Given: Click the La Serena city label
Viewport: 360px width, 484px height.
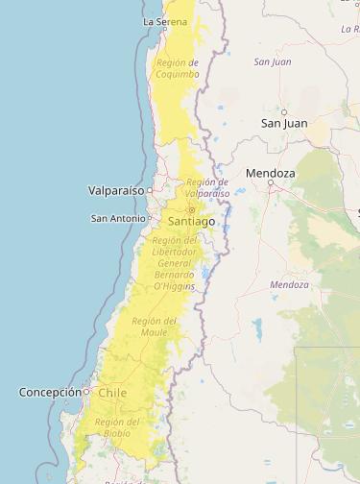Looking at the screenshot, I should tap(164, 20).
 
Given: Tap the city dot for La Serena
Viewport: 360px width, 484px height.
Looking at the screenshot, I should tap(164, 29).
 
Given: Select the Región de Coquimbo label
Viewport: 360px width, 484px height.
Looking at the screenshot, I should tap(178, 68).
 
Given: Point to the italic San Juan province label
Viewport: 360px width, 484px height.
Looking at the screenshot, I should tap(273, 61).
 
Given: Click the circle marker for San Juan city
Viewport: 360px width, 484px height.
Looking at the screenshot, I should tap(284, 111).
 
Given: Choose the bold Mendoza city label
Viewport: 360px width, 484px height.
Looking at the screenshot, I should tap(271, 173).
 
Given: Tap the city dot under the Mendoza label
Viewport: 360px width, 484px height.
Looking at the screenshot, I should tap(271, 182).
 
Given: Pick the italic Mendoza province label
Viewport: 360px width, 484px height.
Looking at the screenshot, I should tap(290, 285).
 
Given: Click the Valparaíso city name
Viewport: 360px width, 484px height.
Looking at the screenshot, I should tap(115, 190).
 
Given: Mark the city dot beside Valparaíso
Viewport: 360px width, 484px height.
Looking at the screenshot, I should tap(150, 190).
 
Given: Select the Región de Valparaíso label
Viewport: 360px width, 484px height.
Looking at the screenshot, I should tap(207, 187).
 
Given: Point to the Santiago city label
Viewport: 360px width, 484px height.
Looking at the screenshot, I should tap(191, 221).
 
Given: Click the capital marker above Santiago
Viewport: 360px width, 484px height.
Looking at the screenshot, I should tap(191, 209).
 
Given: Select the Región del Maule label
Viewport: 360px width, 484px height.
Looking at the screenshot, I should tap(155, 327).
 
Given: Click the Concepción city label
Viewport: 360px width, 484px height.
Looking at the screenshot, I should tap(50, 392).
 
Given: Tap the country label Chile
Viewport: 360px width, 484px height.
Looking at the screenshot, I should tap(112, 393).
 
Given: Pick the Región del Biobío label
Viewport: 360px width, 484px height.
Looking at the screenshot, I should tap(119, 427).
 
